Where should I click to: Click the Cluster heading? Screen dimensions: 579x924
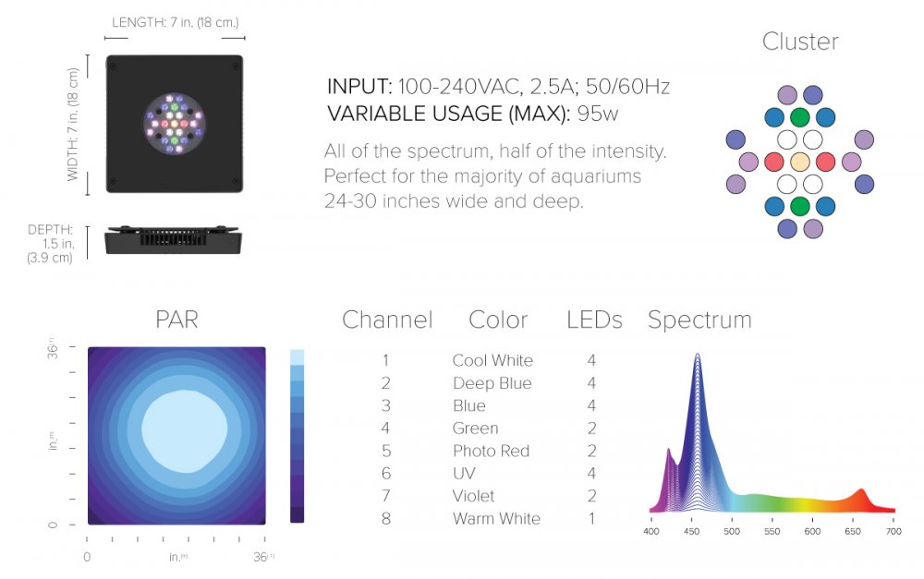tap(800, 42)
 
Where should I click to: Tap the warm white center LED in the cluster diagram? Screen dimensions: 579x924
tap(800, 162)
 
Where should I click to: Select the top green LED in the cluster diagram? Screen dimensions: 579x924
tap(800, 117)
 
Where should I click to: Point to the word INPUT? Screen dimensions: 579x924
tap(359, 87)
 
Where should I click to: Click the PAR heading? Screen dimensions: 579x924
tap(176, 320)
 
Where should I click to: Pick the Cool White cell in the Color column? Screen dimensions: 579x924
tap(492, 360)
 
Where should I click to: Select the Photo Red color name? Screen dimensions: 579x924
tap(491, 451)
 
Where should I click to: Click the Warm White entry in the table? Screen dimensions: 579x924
tap(496, 519)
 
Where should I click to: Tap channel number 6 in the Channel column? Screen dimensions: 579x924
tap(386, 474)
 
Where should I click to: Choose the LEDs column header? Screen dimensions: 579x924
tap(594, 320)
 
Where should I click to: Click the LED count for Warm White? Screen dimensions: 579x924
tap(591, 519)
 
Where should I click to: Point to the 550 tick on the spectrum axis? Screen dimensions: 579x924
tap(772, 531)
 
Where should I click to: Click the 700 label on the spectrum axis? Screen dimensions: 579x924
tap(893, 531)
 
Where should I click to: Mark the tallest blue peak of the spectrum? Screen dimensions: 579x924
tap(697, 356)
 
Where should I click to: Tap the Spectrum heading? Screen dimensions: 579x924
tap(699, 320)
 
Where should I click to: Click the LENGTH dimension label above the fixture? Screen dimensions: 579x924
tap(175, 22)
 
